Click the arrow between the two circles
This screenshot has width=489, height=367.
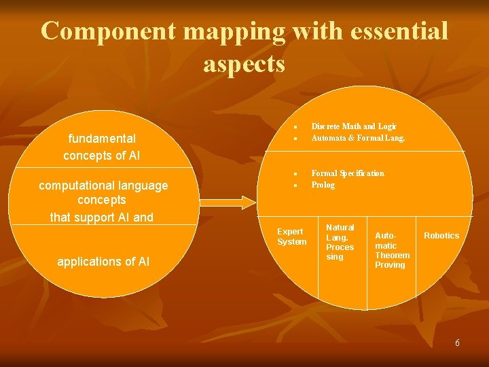[229, 201]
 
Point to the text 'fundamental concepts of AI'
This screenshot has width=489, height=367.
[102, 147]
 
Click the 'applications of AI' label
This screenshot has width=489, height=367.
[103, 262]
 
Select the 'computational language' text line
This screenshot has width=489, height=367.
[103, 186]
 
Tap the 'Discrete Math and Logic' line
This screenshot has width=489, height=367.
[354, 126]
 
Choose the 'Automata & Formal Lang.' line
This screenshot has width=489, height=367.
[358, 138]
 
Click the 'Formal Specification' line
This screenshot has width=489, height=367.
[348, 173]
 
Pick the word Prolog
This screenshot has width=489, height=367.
[323, 185]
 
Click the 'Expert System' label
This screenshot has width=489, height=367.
[291, 237]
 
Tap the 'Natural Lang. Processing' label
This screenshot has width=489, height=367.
[340, 242]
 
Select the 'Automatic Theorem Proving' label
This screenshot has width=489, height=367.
[392, 250]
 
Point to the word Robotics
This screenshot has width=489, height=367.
[441, 236]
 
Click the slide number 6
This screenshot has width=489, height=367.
[457, 343]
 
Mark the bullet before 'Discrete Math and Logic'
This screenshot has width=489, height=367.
[296, 127]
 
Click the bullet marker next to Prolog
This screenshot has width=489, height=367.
[296, 186]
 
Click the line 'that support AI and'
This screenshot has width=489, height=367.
[102, 217]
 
